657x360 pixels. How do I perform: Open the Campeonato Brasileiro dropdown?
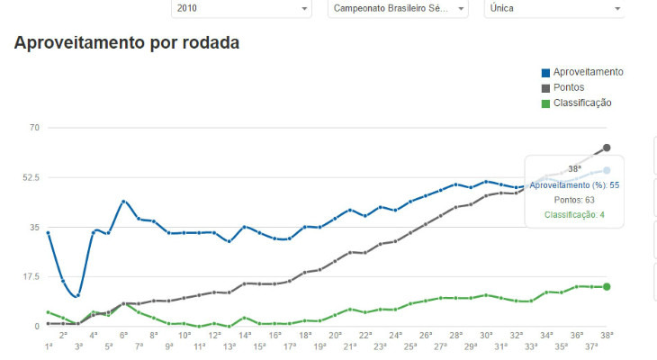[397, 8]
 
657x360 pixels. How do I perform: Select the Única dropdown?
[554, 8]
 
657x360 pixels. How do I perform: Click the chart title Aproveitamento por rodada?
[127, 43]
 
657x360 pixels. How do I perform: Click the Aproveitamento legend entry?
[588, 72]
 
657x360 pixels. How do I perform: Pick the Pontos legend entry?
[569, 87]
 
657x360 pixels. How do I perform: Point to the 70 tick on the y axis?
[35, 128]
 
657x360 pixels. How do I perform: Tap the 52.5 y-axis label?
[31, 177]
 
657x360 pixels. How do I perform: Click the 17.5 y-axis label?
[31, 277]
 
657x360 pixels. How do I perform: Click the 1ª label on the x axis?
[48, 346]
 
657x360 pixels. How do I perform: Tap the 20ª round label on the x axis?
[335, 335]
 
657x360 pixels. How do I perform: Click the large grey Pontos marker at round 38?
[607, 148]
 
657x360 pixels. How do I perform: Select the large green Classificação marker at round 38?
[607, 287]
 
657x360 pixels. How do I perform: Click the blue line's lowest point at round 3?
[78, 295]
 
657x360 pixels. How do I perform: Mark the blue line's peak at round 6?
[123, 202]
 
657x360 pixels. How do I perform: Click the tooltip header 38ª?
[574, 168]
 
